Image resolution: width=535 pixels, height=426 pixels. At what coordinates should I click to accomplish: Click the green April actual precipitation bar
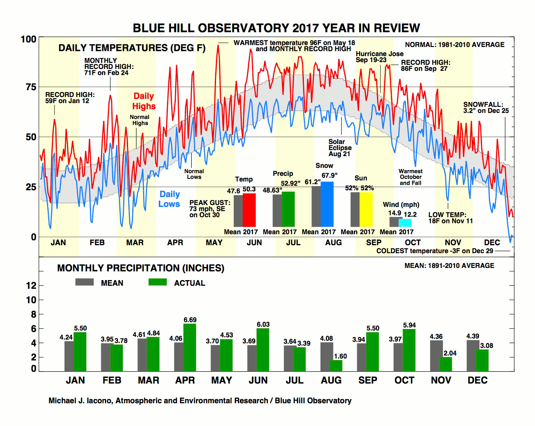point(190,347)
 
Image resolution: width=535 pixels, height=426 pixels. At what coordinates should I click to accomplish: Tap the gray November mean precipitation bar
point(436,356)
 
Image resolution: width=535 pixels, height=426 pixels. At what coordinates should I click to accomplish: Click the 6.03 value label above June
point(263,324)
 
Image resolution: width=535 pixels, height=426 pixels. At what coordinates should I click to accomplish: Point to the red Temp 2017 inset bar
point(249,210)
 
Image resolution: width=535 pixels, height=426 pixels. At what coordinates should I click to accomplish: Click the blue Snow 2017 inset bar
point(327,204)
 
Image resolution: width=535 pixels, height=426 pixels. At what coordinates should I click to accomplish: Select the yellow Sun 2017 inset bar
point(366,209)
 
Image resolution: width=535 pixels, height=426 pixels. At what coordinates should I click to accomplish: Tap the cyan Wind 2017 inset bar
point(405,222)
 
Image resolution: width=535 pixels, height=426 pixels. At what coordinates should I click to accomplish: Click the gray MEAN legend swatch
point(84,282)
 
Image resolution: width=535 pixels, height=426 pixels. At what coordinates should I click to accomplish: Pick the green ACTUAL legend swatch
point(158,282)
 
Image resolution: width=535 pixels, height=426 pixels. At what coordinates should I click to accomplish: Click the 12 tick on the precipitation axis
point(31,285)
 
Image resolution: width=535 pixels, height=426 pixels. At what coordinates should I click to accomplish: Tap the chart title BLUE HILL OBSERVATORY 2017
point(276,28)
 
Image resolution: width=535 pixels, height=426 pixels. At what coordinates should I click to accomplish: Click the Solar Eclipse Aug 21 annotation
point(340,147)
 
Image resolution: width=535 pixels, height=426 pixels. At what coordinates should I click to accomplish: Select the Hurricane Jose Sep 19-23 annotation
point(379,57)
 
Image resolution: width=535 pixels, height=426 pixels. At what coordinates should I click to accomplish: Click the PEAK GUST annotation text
point(210,208)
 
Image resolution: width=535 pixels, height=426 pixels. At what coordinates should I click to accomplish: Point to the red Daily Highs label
point(144,101)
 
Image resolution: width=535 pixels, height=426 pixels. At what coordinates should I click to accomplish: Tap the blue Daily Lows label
point(169,199)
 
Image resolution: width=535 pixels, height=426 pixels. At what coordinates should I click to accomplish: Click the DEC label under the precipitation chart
point(477,380)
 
